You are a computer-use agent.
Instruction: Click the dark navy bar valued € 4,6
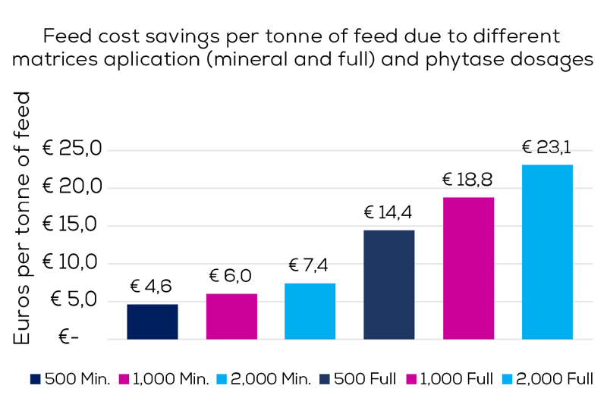(x=153, y=321)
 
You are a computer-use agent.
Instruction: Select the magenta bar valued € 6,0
(x=231, y=316)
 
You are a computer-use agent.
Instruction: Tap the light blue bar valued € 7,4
(x=310, y=311)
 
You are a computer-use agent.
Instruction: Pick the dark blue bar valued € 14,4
(x=389, y=284)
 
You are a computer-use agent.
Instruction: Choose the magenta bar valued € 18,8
(x=468, y=268)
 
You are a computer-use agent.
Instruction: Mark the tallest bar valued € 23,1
(x=547, y=252)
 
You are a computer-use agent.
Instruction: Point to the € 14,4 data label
(x=388, y=213)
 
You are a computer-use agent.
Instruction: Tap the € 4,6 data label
(x=153, y=287)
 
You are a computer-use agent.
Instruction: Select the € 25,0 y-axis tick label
(x=71, y=149)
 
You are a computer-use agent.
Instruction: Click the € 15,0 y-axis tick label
(x=71, y=225)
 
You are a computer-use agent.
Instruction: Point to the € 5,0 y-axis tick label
(x=76, y=300)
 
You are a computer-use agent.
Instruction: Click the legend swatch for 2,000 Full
(x=508, y=379)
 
